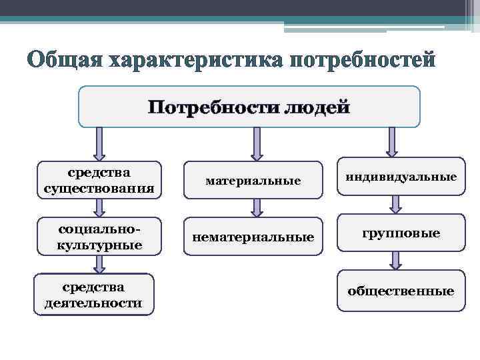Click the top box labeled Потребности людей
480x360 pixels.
point(249,107)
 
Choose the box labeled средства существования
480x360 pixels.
point(99,181)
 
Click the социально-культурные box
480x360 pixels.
point(99,237)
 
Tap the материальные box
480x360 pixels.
point(253,181)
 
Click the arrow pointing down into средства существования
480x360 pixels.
point(99,144)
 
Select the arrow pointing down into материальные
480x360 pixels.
point(257,144)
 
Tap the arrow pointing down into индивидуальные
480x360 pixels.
point(392,142)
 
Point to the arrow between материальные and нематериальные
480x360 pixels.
point(257,209)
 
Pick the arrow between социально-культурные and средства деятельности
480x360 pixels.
point(99,265)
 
